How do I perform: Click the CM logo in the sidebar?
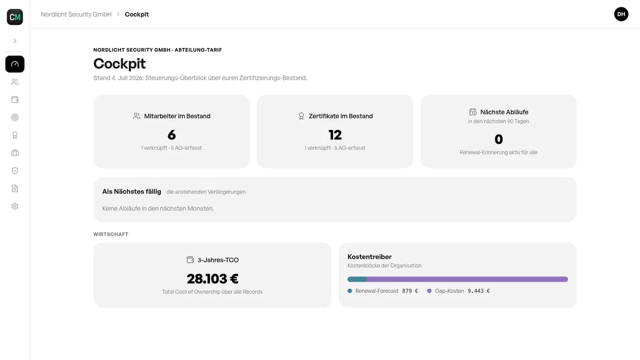click(x=15, y=17)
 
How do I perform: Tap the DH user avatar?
click(x=621, y=14)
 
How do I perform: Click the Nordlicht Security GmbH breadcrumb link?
click(x=76, y=14)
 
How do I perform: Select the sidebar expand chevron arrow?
click(x=15, y=41)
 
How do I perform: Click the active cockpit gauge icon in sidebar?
click(x=15, y=64)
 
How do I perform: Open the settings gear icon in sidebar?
click(x=15, y=206)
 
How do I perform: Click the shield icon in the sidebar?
click(x=15, y=171)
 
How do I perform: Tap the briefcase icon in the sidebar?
click(x=15, y=153)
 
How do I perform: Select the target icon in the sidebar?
click(x=15, y=117)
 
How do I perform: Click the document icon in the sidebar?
click(x=15, y=188)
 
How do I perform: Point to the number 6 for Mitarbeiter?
click(x=171, y=135)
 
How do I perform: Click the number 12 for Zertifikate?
click(x=335, y=135)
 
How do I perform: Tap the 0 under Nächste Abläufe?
click(x=499, y=139)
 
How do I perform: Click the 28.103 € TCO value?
click(x=212, y=279)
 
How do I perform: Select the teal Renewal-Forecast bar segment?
click(x=357, y=279)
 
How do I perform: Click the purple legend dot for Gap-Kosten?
click(x=429, y=291)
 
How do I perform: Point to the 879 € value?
click(x=410, y=291)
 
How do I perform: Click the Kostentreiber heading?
click(x=369, y=257)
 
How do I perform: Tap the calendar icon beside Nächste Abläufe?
click(x=473, y=112)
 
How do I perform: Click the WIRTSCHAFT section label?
click(x=111, y=234)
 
